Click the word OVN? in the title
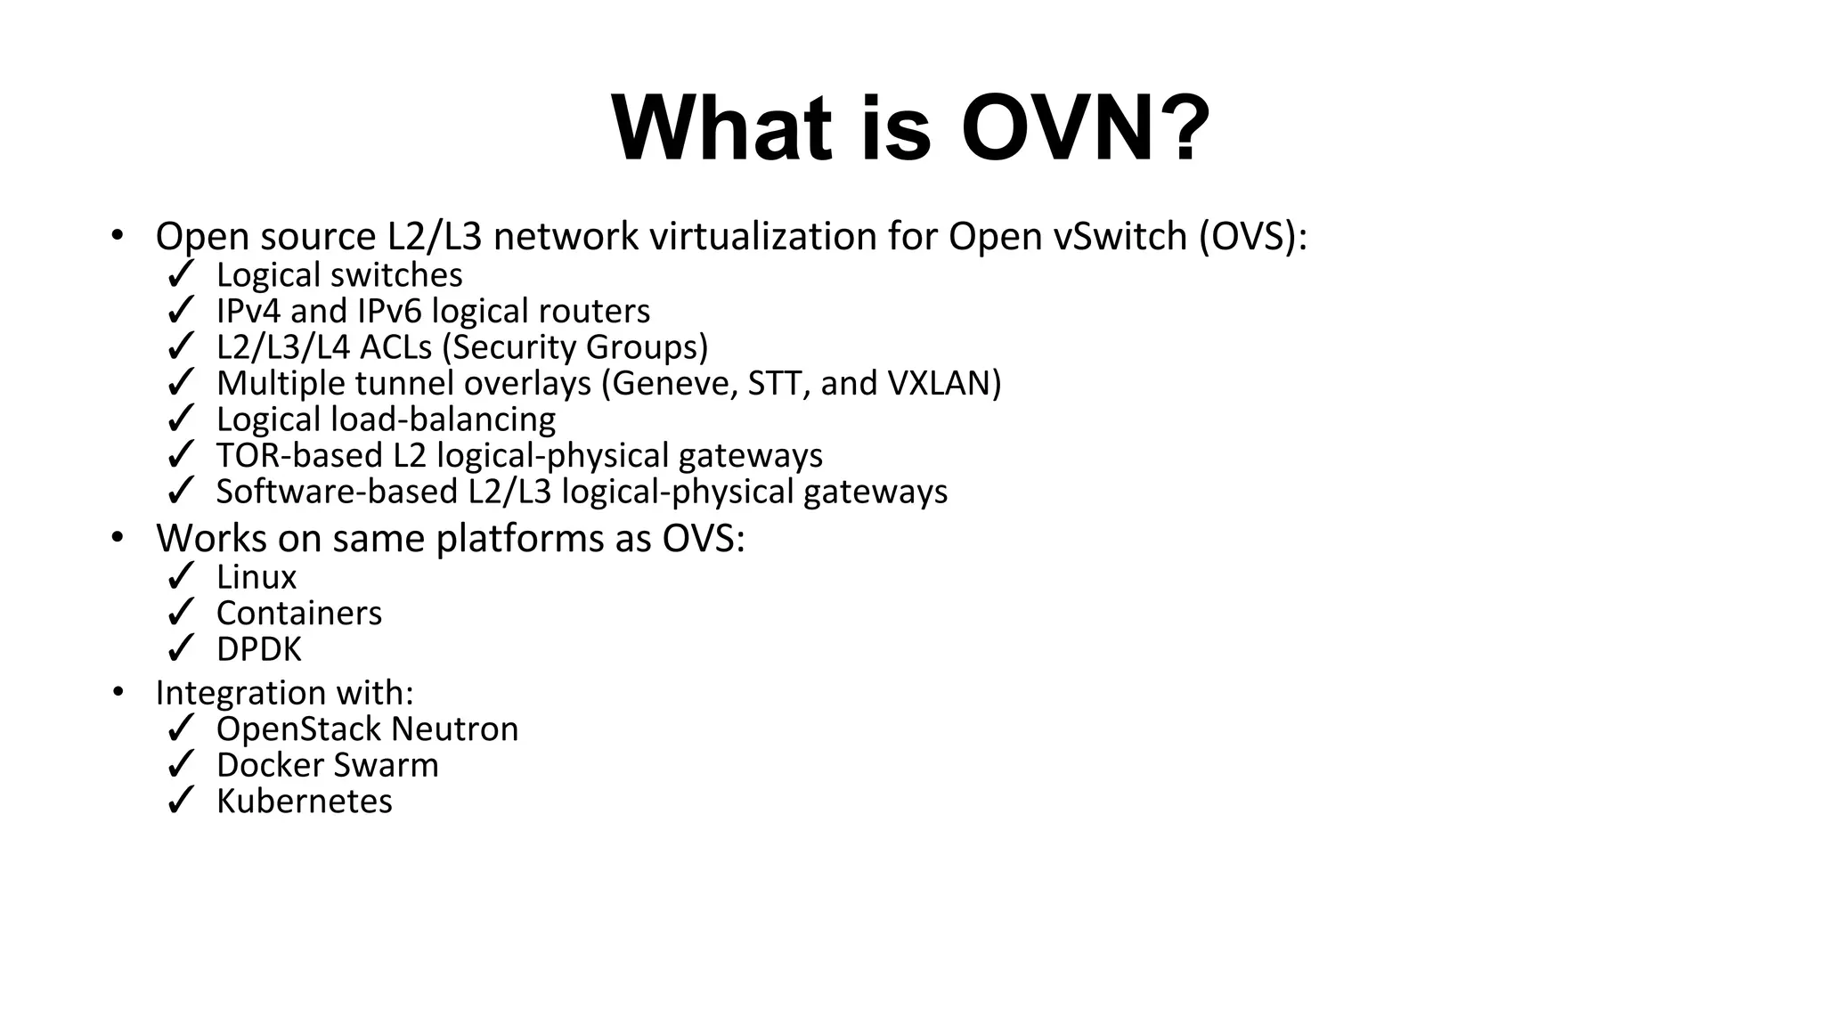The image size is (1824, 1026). coord(1085,128)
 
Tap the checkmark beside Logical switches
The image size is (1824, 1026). coord(181,274)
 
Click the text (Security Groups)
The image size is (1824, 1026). coord(580,347)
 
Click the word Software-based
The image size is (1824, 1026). coord(337,492)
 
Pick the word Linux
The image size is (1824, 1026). coord(256,577)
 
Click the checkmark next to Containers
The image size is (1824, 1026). coord(181,613)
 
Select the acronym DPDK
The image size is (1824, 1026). coord(259,649)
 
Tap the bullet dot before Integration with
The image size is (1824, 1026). coord(118,691)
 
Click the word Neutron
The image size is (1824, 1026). coord(454,729)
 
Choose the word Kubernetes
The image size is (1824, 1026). coord(305,802)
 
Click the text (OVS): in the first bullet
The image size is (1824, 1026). coord(1252,237)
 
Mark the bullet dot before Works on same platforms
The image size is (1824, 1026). coord(118,537)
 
